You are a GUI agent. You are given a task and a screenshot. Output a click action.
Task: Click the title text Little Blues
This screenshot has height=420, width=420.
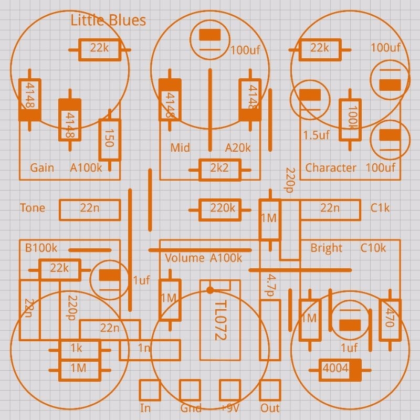coord(108,20)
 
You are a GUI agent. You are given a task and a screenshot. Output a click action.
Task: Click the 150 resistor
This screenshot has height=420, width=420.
coord(109,140)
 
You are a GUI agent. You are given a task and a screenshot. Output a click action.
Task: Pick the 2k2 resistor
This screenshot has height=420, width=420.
coord(219,169)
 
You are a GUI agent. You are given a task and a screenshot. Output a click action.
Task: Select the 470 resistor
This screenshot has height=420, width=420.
coord(390,318)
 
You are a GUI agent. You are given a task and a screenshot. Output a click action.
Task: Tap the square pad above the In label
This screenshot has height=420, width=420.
coord(150,390)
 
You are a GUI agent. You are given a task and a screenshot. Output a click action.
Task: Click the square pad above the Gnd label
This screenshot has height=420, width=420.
coord(190,390)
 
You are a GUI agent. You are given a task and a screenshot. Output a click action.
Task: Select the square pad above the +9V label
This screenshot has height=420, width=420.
coord(230,390)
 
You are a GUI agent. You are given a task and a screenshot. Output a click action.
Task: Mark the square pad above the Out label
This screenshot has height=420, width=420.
coord(270,390)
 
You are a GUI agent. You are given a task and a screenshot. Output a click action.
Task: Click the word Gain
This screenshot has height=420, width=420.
coord(42,168)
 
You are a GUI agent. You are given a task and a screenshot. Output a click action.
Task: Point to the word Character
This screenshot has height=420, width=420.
coord(331,168)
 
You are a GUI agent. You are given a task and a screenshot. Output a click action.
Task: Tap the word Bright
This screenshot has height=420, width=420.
coord(326,248)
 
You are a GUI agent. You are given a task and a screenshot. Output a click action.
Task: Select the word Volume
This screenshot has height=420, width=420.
coord(185,258)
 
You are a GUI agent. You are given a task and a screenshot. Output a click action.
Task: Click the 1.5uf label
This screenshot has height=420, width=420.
coord(316,135)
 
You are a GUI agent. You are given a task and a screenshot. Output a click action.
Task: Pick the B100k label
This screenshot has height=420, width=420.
coord(41,248)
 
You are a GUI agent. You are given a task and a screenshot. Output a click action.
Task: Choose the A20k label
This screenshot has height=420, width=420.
coord(238,148)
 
